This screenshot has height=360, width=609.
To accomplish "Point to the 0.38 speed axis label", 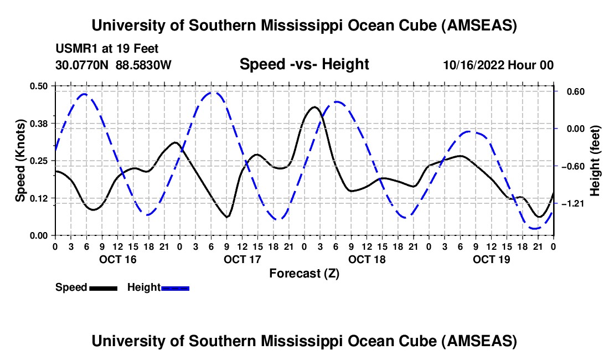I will [39, 123].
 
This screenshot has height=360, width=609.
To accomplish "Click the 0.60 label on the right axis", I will [570, 91].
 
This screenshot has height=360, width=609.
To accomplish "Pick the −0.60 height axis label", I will [572, 166].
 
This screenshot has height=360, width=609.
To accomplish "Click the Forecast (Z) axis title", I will [304, 273].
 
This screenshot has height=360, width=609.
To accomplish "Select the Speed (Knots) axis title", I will [20, 160].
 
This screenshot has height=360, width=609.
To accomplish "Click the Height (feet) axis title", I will [596, 160].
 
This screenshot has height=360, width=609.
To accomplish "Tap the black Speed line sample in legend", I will [103, 287].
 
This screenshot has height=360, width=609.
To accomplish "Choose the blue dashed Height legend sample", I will [175, 287].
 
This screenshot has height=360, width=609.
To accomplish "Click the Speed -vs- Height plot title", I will [304, 64].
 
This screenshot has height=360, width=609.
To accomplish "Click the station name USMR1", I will [73, 49].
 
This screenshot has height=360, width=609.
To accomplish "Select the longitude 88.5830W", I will [143, 65].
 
